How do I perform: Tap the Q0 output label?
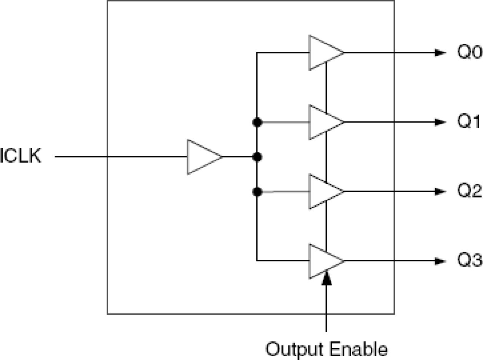[x=469, y=53]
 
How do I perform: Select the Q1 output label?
[x=469, y=122]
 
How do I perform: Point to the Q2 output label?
[x=469, y=191]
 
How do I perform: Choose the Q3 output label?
[x=469, y=261]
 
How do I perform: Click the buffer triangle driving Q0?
[x=325, y=53]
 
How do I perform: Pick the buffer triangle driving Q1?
[x=325, y=122]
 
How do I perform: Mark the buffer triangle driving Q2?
[x=325, y=191]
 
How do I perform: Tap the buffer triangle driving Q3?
[x=325, y=261]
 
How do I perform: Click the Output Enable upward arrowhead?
[x=326, y=278]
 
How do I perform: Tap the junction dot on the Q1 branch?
[x=257, y=123]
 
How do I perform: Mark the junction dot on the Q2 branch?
[x=257, y=191]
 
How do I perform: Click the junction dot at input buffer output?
[x=257, y=157]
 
